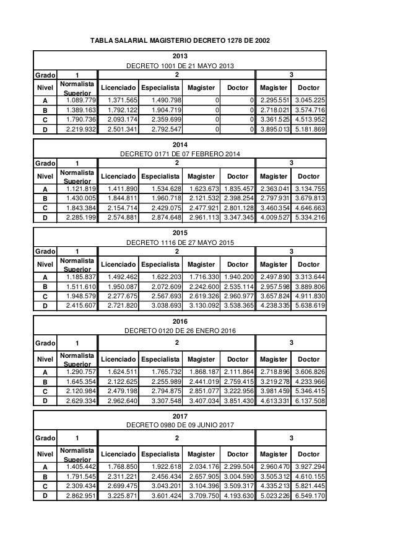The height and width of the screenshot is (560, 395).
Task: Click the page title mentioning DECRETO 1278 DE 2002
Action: pyautogui.click(x=181, y=41)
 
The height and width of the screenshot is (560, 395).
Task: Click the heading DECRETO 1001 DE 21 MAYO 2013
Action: pyautogui.click(x=180, y=66)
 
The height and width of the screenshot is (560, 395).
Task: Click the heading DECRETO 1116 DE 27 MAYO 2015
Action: pyautogui.click(x=180, y=242)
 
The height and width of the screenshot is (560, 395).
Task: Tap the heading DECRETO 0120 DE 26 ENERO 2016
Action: pyautogui.click(x=180, y=331)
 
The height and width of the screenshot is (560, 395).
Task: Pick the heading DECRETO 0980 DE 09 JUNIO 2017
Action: pyautogui.click(x=180, y=425)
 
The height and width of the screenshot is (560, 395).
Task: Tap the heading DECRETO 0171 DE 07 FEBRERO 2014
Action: pyautogui.click(x=180, y=154)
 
